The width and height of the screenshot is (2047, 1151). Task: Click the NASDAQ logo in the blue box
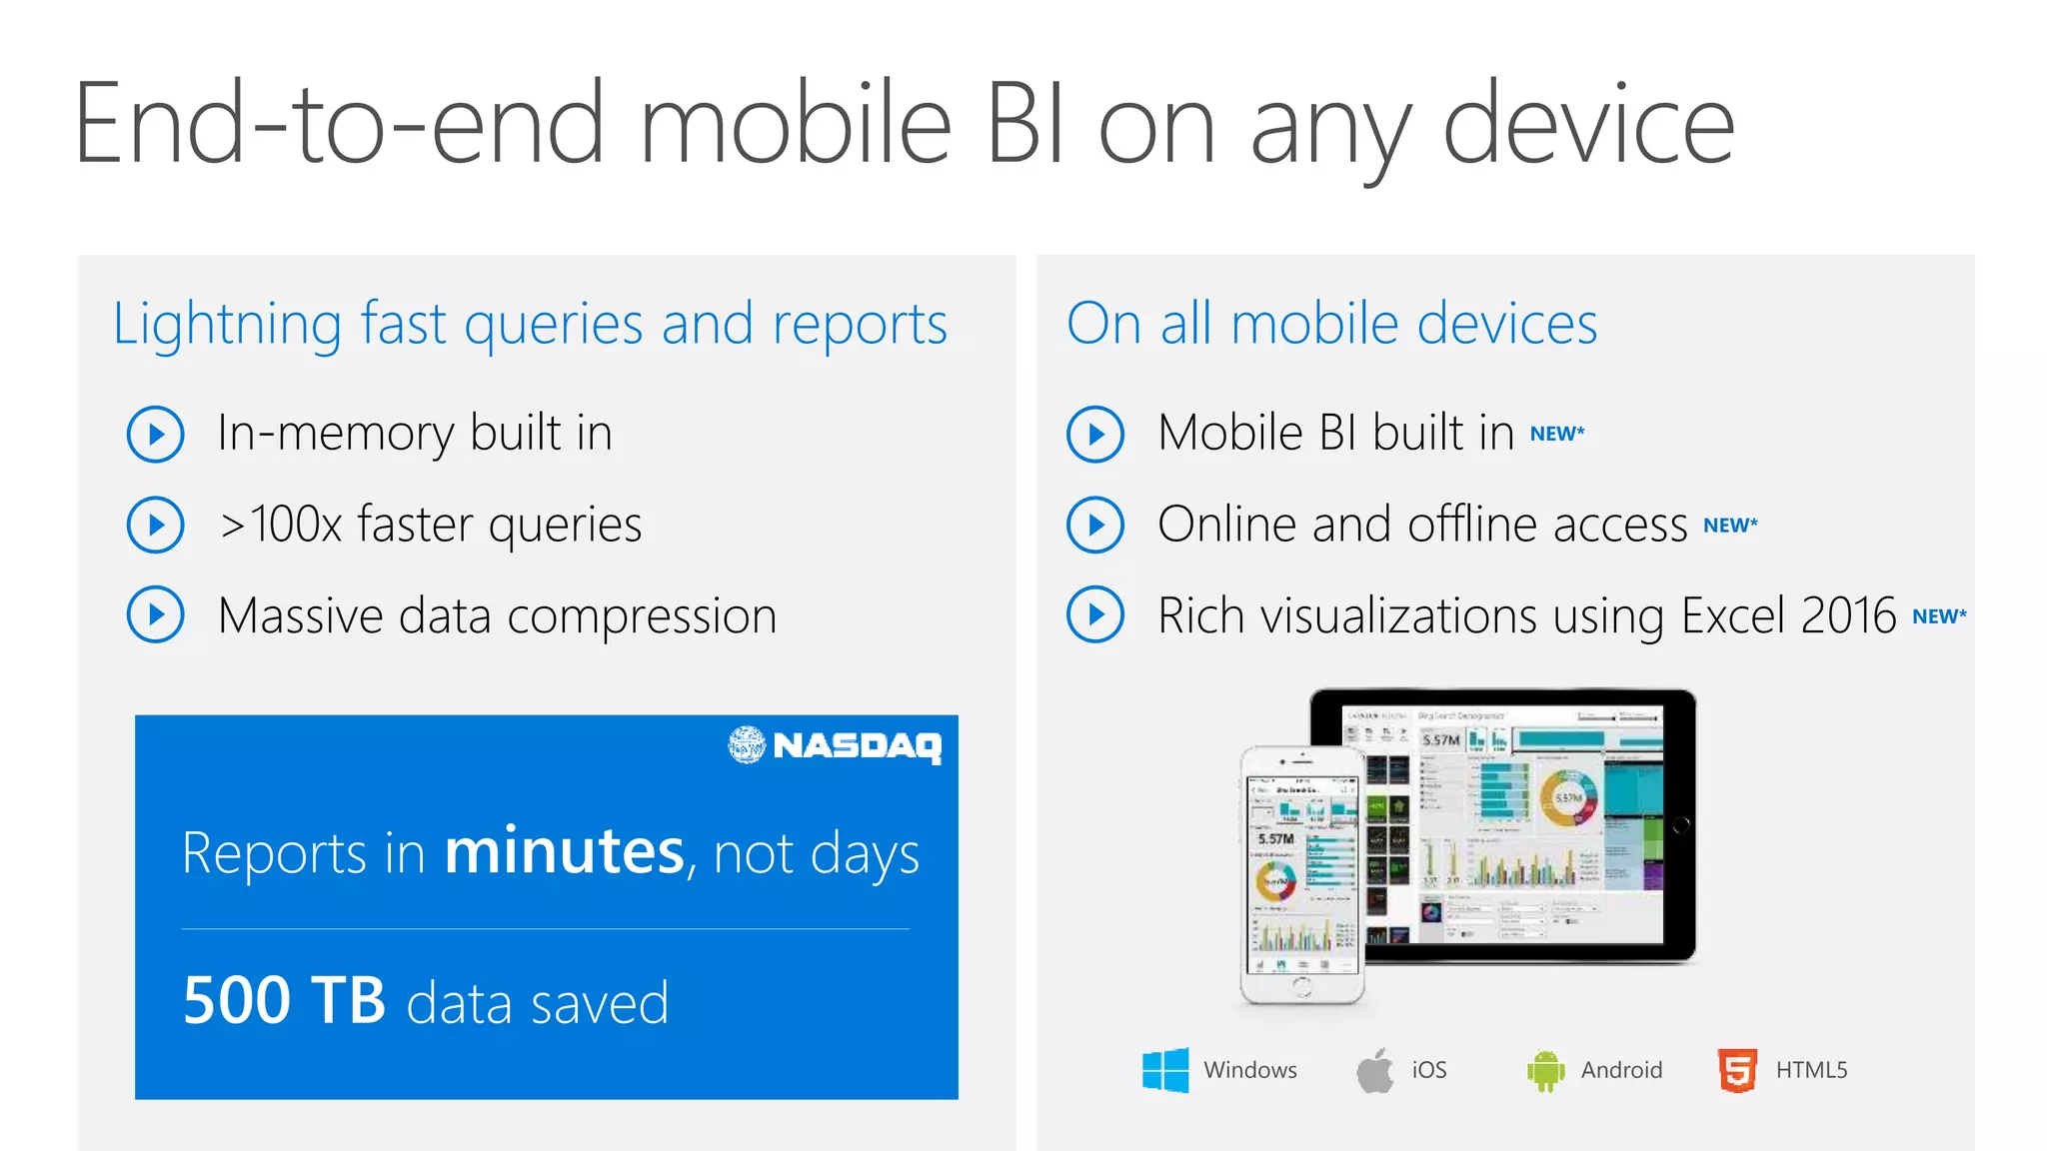(x=835, y=745)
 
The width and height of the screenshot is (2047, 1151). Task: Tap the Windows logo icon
(x=1165, y=1070)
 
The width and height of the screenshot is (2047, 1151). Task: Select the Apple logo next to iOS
(x=1375, y=1070)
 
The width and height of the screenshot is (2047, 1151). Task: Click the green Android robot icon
(x=1545, y=1071)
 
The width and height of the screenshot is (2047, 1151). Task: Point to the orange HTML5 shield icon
(x=1737, y=1070)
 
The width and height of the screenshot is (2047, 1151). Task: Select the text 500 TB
(x=284, y=1000)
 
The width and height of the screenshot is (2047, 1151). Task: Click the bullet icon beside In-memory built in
(x=156, y=434)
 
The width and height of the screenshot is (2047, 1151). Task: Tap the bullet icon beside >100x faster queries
(x=156, y=525)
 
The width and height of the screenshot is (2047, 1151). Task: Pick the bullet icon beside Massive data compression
(x=156, y=614)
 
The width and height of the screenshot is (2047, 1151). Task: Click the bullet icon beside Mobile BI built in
(x=1095, y=434)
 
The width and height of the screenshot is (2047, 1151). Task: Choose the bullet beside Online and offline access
(x=1095, y=525)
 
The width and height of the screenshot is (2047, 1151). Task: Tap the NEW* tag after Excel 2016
(x=1939, y=616)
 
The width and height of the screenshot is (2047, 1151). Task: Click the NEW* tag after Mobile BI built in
(x=1557, y=434)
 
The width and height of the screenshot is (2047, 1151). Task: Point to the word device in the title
(x=1588, y=125)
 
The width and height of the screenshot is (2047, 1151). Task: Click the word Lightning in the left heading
(x=228, y=325)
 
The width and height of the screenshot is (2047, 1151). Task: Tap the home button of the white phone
(x=1301, y=986)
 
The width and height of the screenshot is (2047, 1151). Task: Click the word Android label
(x=1621, y=1070)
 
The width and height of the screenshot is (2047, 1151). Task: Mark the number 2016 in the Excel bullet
(x=1848, y=615)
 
